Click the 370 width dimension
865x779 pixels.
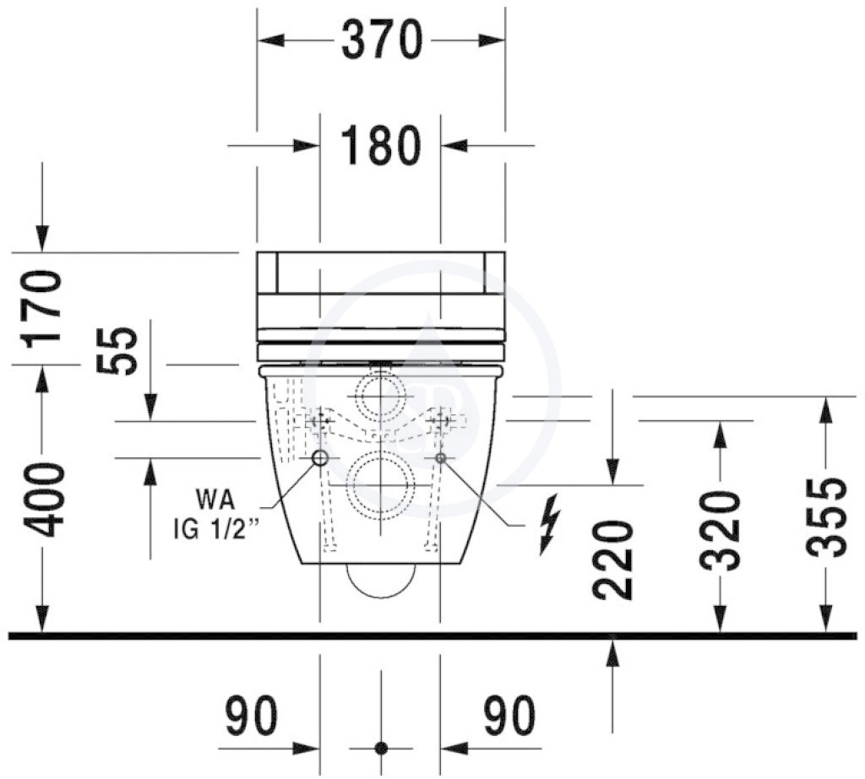382,40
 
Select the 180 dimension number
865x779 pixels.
381,145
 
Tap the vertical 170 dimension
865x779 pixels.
41,309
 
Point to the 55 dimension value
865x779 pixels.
116,350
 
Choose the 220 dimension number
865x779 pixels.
612,560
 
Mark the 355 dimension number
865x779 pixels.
826,517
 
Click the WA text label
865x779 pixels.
215,500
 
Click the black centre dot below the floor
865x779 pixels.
381,749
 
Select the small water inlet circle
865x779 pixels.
320,457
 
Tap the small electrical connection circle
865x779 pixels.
440,457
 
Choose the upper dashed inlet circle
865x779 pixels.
381,372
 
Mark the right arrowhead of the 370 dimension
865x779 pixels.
492,41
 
